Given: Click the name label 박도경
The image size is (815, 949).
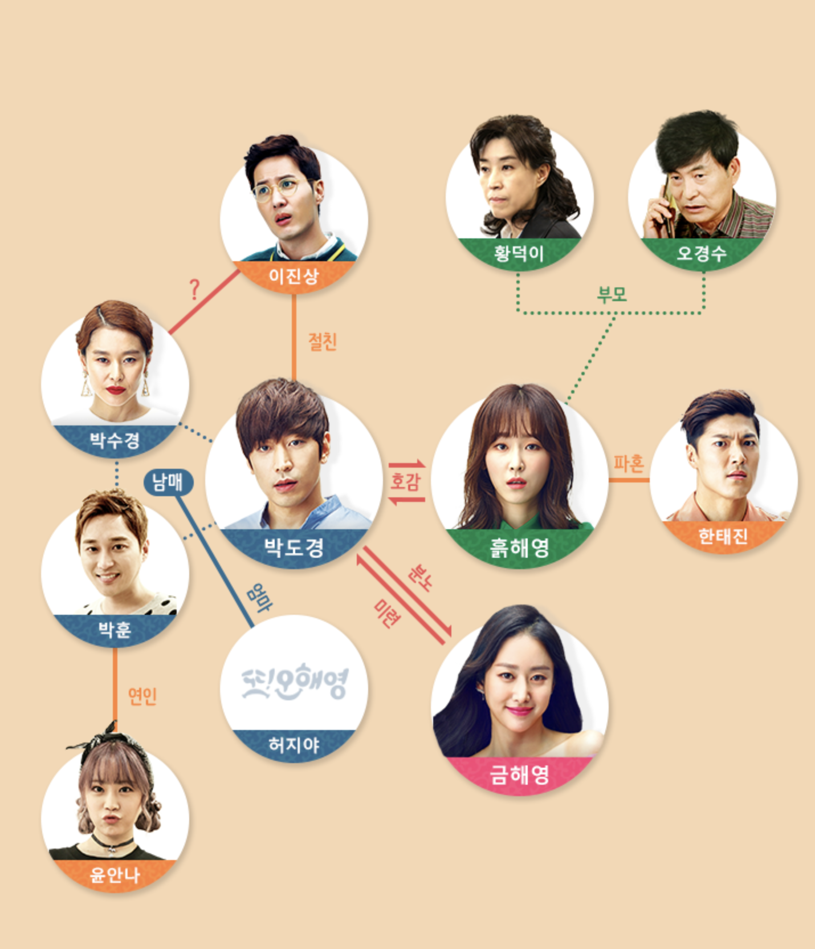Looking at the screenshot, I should [x=294, y=547].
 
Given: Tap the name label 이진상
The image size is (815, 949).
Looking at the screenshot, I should [x=294, y=277].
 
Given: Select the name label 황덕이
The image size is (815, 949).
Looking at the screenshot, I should [x=519, y=253].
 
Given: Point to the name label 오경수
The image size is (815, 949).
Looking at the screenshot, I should [x=702, y=253].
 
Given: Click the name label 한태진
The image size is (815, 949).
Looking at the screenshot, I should [x=723, y=536].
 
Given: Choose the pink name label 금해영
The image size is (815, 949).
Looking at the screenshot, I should [x=519, y=775].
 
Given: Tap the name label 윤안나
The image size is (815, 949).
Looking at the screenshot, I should [x=115, y=875].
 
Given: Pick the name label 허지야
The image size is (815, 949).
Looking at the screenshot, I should [x=294, y=745].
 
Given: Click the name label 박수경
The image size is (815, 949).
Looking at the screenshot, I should [x=115, y=440].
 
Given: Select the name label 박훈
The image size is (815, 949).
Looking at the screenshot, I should [x=115, y=630].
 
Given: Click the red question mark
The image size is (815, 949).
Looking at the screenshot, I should [x=194, y=290].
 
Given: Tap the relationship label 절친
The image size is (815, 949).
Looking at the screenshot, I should [x=323, y=342].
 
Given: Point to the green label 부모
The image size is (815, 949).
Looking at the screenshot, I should [x=612, y=295].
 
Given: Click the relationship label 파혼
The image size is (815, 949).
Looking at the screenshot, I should [x=628, y=464].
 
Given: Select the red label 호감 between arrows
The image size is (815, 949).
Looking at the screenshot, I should [x=405, y=481].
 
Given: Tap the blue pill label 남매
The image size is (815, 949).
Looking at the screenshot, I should [x=168, y=482].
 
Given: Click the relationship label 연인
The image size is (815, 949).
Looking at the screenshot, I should [x=142, y=696].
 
